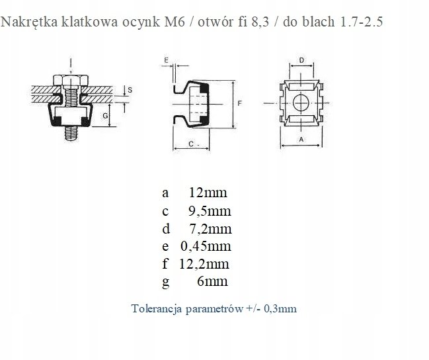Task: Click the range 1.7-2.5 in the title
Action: [360, 22]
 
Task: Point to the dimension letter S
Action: [130, 89]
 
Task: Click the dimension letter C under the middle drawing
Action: [190, 143]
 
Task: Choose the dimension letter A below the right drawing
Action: [301, 140]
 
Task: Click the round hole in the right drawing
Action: [301, 103]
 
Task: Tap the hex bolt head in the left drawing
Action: [70, 82]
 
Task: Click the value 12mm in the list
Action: [208, 193]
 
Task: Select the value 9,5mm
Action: [210, 211]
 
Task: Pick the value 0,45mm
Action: [206, 247]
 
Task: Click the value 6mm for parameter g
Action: [213, 282]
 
